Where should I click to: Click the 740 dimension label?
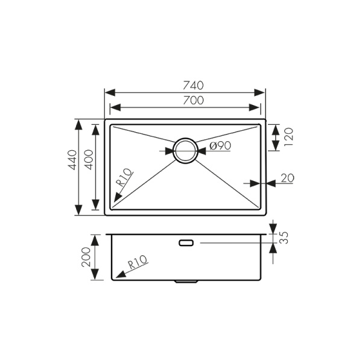coord(185,84)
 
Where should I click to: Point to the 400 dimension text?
coord(89,160)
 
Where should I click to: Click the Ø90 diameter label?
coord(221,145)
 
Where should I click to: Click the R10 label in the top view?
coord(124,177)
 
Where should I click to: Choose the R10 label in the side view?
coord(138,264)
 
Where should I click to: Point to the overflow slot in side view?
coord(185,243)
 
